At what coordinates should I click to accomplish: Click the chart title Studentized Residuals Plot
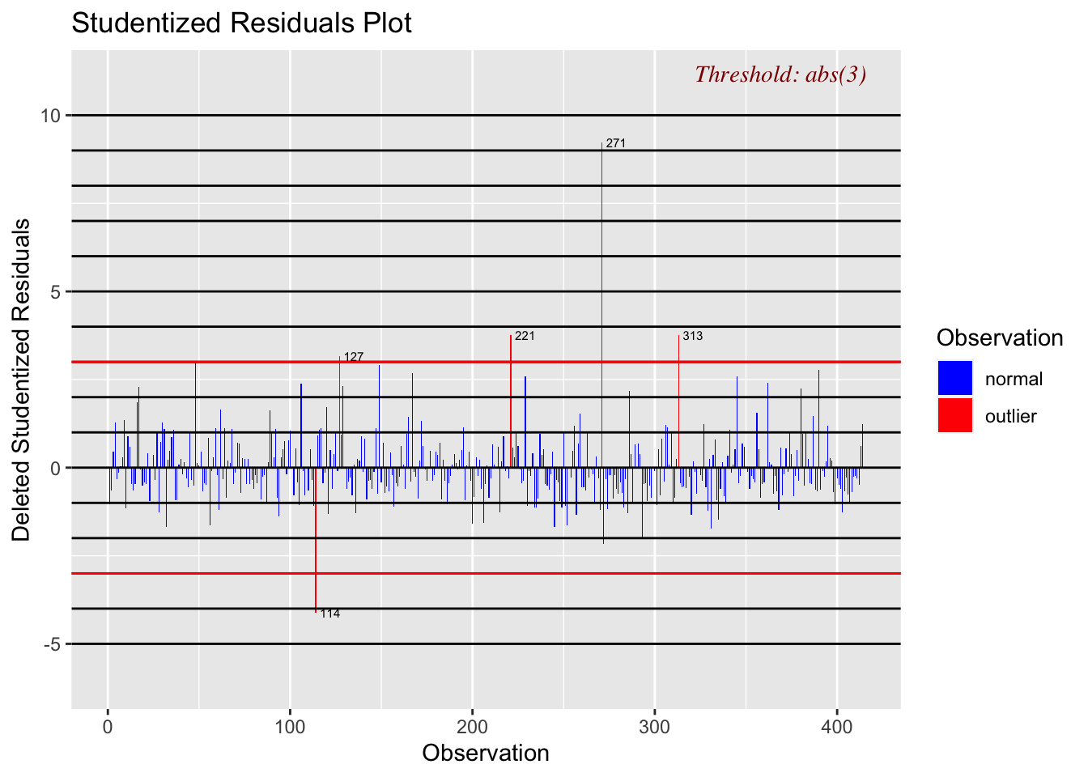coord(241,23)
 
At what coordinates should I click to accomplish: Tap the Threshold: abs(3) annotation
coord(780,74)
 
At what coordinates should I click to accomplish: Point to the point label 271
coord(616,144)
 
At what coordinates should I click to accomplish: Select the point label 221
coord(525,336)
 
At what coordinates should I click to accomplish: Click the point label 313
coord(693,336)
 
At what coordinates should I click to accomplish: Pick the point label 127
coord(354,357)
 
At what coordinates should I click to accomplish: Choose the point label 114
coord(330,614)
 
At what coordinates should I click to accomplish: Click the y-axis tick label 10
coord(51,116)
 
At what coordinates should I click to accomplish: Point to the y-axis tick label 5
coord(56,291)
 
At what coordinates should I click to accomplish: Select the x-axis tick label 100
coord(290,727)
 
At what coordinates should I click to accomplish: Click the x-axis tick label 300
coord(655,727)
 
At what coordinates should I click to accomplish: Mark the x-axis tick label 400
coord(837,727)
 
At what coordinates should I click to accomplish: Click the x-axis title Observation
coord(486,754)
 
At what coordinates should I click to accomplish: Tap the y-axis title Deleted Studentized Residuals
coord(22,380)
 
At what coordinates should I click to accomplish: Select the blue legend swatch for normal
coord(955,378)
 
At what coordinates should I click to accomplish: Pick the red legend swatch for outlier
coord(955,415)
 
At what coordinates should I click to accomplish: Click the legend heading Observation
coord(999,338)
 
